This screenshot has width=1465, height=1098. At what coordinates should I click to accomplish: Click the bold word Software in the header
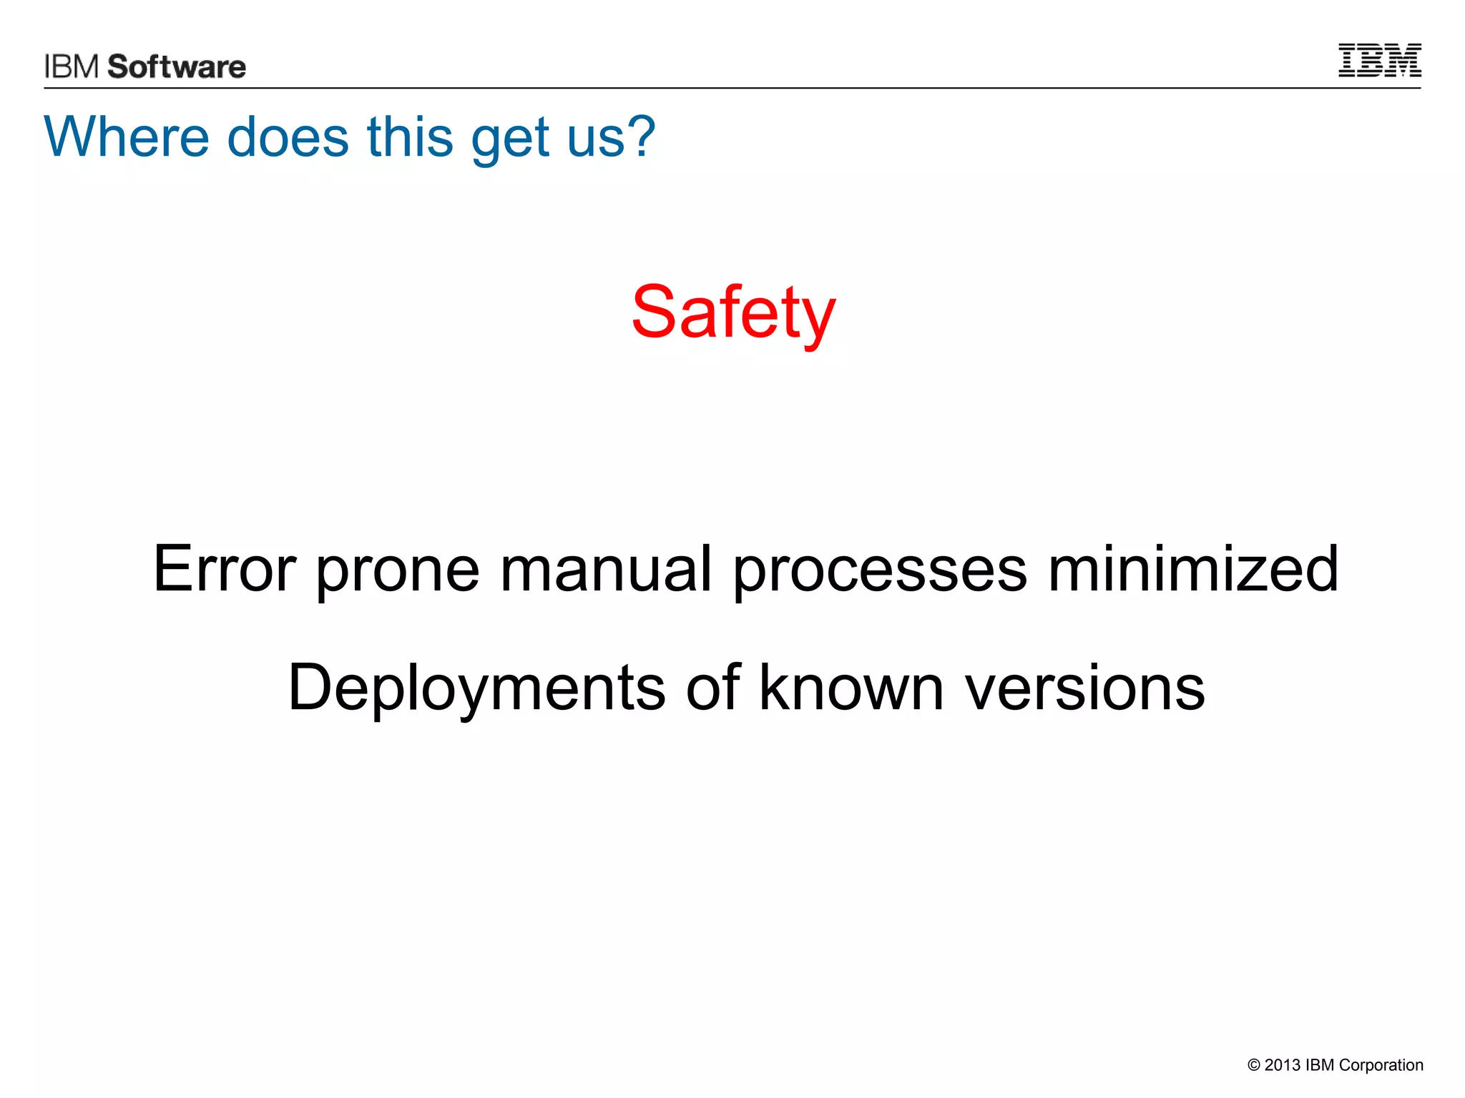coord(177,66)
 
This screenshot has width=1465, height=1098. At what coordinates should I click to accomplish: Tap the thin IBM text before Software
coord(72,66)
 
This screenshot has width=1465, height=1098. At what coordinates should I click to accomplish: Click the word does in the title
coord(288,137)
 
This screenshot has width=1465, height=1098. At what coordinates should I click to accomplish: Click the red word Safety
coord(733,313)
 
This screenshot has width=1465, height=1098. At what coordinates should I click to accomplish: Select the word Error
coord(224,569)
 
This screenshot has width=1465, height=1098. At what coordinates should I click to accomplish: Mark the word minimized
coord(1193,569)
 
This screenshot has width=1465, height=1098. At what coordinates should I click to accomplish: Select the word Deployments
coord(476,689)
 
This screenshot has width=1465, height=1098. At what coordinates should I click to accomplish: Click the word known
coord(851,688)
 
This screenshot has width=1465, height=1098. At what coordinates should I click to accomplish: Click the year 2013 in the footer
coord(1282,1065)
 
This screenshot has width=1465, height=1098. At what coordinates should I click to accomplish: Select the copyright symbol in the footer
coord(1253,1065)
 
